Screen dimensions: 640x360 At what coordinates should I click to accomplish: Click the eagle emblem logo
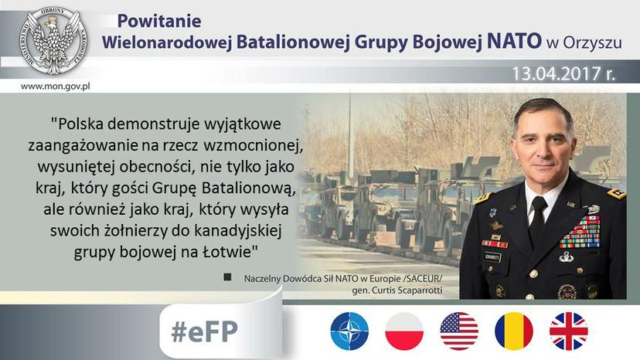tap(53, 41)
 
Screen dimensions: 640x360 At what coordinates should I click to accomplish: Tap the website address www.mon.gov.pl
tap(55, 87)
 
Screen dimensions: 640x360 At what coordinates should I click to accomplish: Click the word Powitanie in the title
tap(159, 21)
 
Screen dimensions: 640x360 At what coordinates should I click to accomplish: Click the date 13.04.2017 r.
tap(563, 74)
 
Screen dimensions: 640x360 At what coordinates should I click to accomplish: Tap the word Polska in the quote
tap(78, 124)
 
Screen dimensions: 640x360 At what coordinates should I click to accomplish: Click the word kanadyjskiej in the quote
tap(238, 232)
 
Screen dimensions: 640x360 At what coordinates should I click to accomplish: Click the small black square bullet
tap(227, 277)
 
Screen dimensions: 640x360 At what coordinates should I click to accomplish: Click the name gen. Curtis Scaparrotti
tap(397, 290)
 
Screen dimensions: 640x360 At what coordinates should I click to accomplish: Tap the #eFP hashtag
tap(205, 331)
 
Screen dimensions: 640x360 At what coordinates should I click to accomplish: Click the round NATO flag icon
tap(349, 331)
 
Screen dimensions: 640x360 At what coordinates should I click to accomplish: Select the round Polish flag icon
tap(404, 331)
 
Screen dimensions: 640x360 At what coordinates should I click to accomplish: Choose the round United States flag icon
tap(459, 331)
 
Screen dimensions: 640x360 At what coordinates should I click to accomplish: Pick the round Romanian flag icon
tap(514, 331)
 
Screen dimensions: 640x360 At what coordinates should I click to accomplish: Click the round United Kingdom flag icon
tap(569, 331)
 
